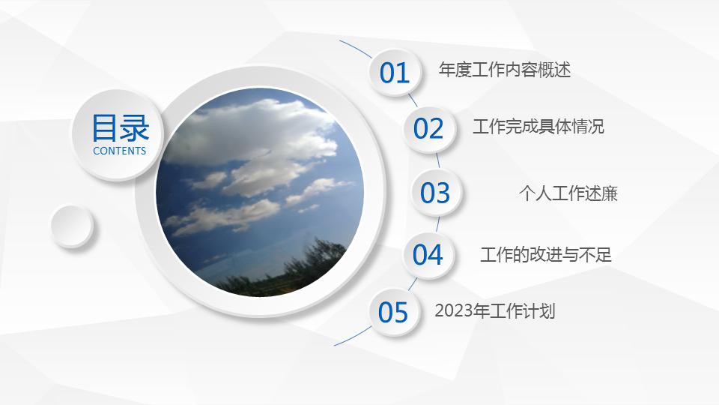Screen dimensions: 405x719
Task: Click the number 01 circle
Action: pos(395,72)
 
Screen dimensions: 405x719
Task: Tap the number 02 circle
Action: pos(429,128)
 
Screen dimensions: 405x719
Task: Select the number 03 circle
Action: pos(435,192)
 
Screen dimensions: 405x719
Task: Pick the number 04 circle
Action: pos(428,254)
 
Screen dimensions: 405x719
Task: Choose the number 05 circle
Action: pos(393,311)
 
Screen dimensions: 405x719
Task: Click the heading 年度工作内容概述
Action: pos(504,70)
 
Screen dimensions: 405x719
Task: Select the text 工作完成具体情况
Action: pos(538,127)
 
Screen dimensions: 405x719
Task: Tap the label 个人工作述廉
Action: pos(568,193)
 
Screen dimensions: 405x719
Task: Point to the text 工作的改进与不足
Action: pos(545,255)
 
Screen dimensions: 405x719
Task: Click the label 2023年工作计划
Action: pos(494,310)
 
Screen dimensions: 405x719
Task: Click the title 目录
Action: pos(120,128)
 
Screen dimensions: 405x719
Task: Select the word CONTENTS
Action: pos(120,151)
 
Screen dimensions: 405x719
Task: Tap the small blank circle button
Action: pos(72,225)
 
